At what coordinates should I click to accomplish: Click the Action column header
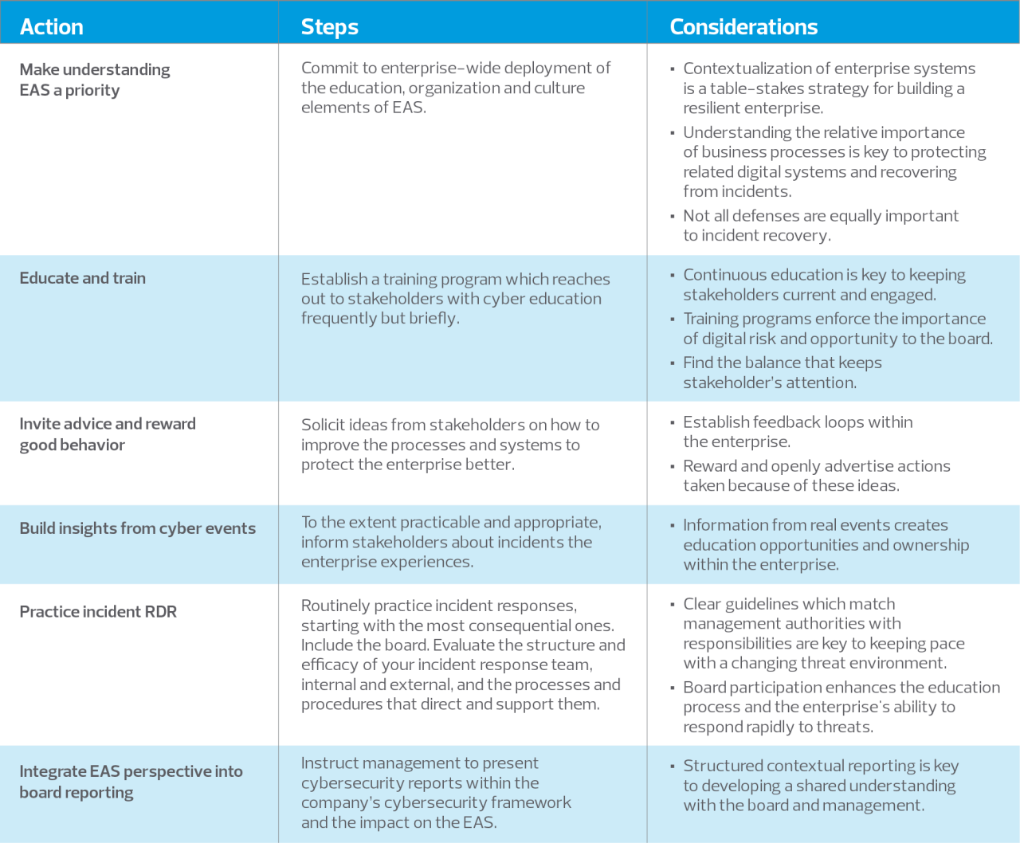[x=52, y=27]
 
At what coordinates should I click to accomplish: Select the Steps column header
[x=330, y=27]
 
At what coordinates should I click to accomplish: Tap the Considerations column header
[x=743, y=27]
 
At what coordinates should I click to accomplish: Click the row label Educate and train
[x=83, y=278]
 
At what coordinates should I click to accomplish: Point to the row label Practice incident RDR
[x=98, y=612]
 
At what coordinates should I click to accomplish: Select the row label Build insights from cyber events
[x=138, y=528]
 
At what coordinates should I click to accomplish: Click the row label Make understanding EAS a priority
[x=95, y=80]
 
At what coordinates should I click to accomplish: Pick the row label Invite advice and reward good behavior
[x=108, y=434]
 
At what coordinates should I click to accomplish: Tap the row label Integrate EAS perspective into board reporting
[x=131, y=782]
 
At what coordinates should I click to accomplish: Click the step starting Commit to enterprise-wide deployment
[x=456, y=88]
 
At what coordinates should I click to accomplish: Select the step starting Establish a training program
[x=455, y=299]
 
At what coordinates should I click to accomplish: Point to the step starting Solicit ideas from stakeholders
[x=450, y=445]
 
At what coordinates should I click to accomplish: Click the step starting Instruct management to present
[x=436, y=793]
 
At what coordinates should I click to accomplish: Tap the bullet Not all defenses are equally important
[x=820, y=225]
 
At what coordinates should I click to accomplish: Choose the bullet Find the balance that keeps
[x=782, y=372]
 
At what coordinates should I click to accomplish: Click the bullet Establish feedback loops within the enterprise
[x=797, y=432]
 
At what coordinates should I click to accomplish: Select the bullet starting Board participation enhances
[x=841, y=707]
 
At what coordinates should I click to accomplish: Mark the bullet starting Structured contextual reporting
[x=820, y=786]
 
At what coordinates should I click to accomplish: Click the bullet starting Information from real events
[x=826, y=545]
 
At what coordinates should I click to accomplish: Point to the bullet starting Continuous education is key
[x=823, y=284]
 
